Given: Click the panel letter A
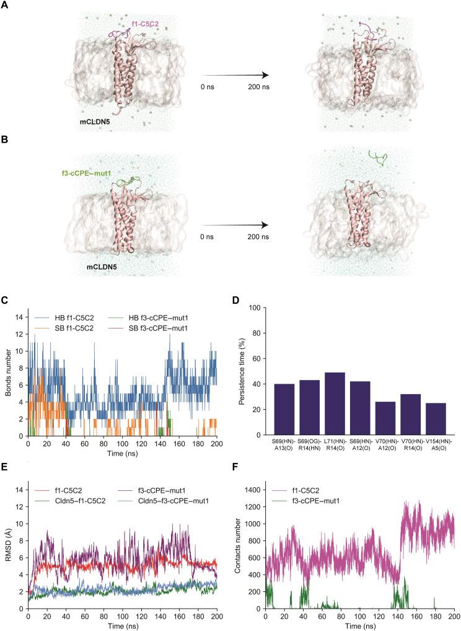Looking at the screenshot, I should click(6, 5).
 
